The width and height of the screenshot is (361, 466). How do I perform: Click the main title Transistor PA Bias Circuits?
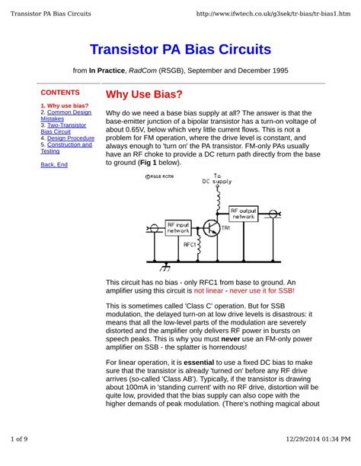[180, 50]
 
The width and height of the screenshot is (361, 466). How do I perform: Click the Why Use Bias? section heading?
[144, 95]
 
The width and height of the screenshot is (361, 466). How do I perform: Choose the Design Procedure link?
[70, 138]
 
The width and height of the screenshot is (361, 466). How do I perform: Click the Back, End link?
[53, 164]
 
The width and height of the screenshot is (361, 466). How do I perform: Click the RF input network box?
[179, 226]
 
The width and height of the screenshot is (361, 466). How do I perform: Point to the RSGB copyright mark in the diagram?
[158, 176]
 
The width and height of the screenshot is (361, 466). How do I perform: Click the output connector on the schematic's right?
[274, 212]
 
